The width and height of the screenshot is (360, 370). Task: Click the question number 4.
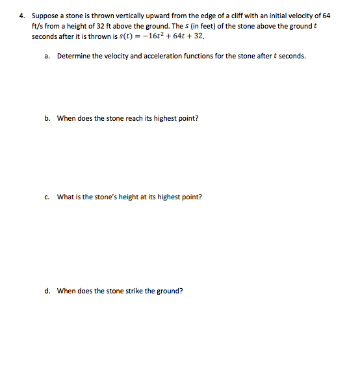tap(21, 15)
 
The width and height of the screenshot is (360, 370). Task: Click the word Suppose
tap(44, 15)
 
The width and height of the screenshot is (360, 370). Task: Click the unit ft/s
tap(38, 25)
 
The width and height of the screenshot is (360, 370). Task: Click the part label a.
tap(47, 56)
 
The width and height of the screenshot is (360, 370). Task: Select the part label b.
tap(47, 118)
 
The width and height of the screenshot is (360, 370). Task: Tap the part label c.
tap(47, 197)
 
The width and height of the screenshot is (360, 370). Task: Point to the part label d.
tap(47, 291)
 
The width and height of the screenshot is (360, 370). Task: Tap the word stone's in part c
tap(103, 197)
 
